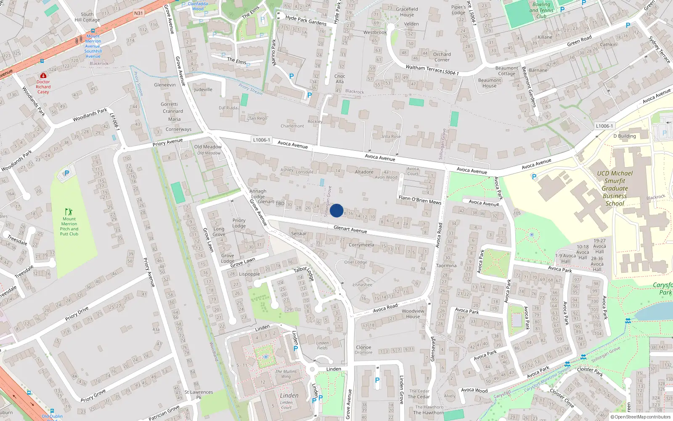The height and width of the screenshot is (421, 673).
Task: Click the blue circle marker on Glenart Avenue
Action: tap(336, 210)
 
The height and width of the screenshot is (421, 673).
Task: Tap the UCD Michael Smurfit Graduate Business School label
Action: tap(615, 188)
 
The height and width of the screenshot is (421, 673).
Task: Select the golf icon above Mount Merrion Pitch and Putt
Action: tap(69, 212)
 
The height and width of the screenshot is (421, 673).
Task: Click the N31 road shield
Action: tap(138, 13)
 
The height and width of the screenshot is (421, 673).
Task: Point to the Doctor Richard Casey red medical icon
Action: tap(43, 75)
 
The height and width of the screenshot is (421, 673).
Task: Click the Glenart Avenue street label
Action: tap(350, 229)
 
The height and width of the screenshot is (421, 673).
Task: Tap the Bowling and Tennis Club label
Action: tap(541, 11)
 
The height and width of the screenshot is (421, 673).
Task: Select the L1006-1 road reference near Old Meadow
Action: tap(261, 140)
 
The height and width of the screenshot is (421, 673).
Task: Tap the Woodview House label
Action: tap(413, 314)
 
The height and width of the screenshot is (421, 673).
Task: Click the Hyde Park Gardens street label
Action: tap(306, 20)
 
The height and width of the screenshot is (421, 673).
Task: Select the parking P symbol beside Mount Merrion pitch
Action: tap(66, 173)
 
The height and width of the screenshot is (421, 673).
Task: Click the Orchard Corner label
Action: tap(442, 57)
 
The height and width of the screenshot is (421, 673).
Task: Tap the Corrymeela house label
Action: tap(361, 245)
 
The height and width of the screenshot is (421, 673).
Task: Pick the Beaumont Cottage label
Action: tap(506, 71)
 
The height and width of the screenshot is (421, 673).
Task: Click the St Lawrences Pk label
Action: tap(199, 394)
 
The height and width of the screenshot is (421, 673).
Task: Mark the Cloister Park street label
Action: tap(590, 371)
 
